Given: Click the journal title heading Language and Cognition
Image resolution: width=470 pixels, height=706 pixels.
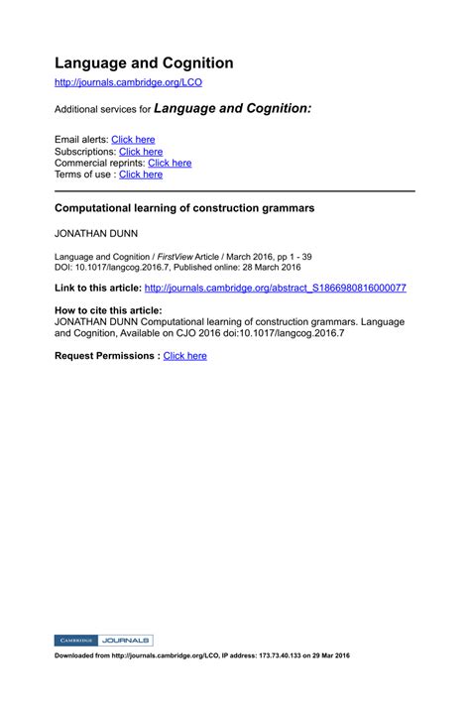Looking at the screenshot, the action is pos(144,63).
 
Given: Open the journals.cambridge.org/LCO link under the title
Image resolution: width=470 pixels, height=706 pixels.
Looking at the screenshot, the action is pos(128,83).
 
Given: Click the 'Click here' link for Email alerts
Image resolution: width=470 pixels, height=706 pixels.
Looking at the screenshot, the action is pos(133,140).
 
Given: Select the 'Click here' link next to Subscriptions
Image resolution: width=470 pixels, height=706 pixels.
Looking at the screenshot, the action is pos(141,152).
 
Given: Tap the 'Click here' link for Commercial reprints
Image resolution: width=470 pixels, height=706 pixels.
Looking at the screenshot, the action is pos(170,163).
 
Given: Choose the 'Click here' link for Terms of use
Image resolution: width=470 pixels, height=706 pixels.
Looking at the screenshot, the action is pos(141,175).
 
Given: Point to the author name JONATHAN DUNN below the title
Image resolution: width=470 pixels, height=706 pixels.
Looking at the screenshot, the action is pos(95,235).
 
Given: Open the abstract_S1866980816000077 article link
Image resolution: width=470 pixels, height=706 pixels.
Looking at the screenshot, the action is pos(275,288).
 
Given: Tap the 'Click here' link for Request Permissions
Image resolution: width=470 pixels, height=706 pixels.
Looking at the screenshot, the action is pos(184,355).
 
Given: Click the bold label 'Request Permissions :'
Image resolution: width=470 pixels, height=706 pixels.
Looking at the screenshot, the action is pos(106,355).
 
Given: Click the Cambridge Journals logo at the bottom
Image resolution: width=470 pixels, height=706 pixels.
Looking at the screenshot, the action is pos(103,641).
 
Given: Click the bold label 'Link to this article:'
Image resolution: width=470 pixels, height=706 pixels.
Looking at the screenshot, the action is pos(97,288).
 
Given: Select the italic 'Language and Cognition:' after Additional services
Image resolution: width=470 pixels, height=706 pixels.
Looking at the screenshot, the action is pos(233,107).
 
